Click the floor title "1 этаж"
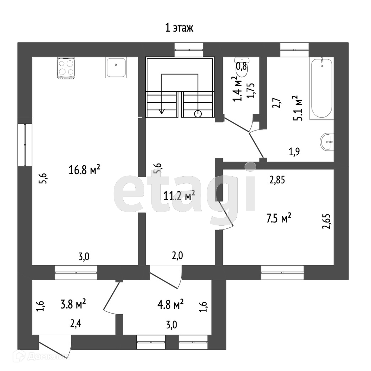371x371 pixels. tap(179, 28)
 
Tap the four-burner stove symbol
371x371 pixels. tap(66, 68)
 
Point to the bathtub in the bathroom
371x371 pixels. tap(322, 89)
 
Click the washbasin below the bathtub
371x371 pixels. tap(327, 141)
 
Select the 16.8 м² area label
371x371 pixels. tap(85, 169)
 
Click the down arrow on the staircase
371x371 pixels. tap(162, 111)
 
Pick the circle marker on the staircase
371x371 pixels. tap(198, 114)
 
